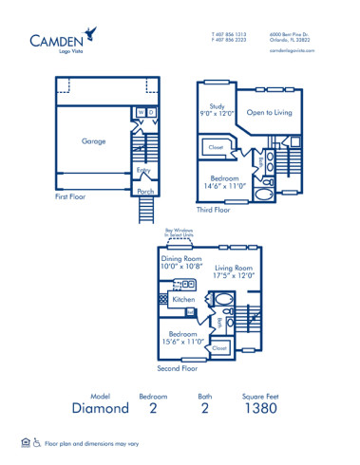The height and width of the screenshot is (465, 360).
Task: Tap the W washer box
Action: [x=142, y=112]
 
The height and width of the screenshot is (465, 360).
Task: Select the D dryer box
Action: [x=151, y=112]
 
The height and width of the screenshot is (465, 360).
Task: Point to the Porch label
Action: [x=145, y=191]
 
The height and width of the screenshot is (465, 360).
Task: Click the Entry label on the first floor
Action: [x=143, y=171]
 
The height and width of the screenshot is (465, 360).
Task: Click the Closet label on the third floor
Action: [x=215, y=147]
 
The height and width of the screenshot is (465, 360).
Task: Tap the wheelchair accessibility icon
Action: [x=36, y=442]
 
